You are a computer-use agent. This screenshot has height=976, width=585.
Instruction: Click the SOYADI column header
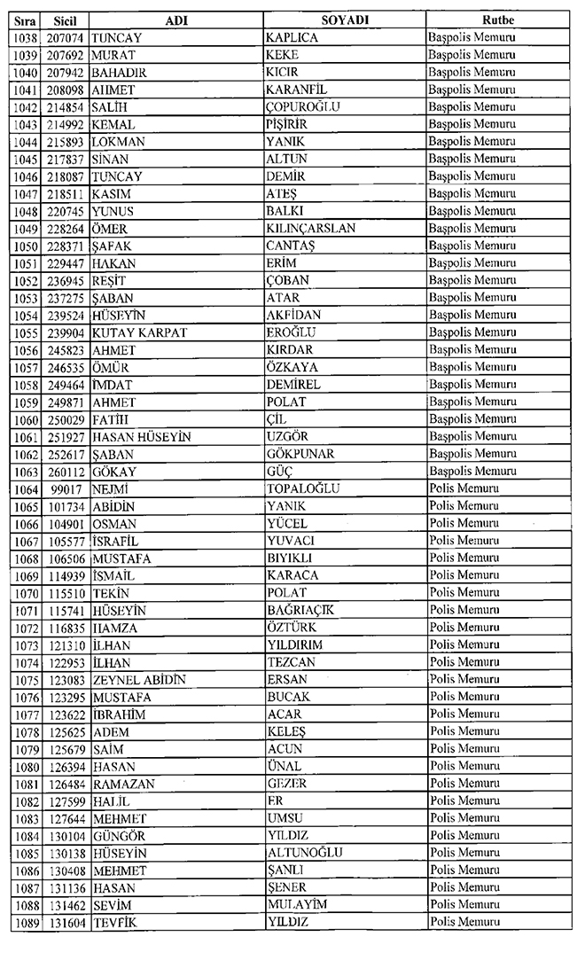coord(345,20)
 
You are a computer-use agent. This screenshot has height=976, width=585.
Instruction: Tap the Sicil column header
coord(66,20)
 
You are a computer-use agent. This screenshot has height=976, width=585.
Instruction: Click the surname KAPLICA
coord(293,37)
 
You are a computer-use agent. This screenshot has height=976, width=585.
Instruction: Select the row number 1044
coord(26,142)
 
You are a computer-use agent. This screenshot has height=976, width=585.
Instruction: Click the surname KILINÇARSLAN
coord(310,229)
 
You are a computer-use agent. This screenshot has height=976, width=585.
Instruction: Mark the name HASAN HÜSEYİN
coord(141,437)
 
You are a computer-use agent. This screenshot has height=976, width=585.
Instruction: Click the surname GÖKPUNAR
coord(301,454)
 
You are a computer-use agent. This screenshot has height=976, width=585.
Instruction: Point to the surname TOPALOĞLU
coord(303,488)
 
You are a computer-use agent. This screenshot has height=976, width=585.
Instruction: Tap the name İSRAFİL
coord(115,541)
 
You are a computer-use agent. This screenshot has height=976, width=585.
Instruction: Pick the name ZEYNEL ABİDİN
coord(138,680)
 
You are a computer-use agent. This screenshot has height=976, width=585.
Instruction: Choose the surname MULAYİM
coord(297,905)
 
